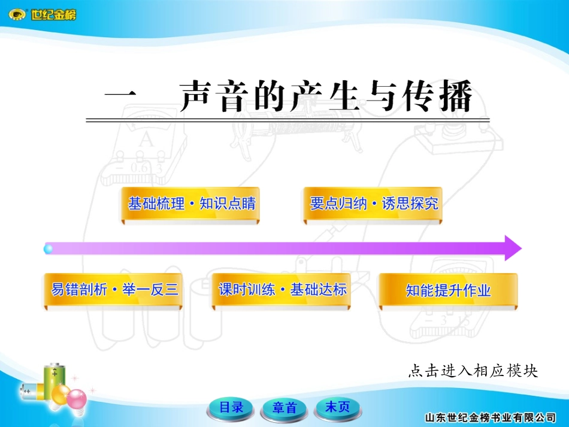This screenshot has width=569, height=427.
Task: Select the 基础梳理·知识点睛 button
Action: [191, 204]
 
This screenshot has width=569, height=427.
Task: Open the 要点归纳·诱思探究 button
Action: [373, 204]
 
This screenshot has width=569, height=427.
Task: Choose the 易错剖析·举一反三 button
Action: [112, 290]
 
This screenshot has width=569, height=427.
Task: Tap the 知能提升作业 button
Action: [448, 291]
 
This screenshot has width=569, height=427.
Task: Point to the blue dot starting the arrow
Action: [49, 248]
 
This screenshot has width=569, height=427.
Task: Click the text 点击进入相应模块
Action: [473, 371]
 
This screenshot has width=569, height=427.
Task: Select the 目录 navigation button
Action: [231, 408]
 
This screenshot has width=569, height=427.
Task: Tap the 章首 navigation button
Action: [284, 408]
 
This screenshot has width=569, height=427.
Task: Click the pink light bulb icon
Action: [76, 398]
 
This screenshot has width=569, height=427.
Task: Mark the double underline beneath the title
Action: [287, 120]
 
